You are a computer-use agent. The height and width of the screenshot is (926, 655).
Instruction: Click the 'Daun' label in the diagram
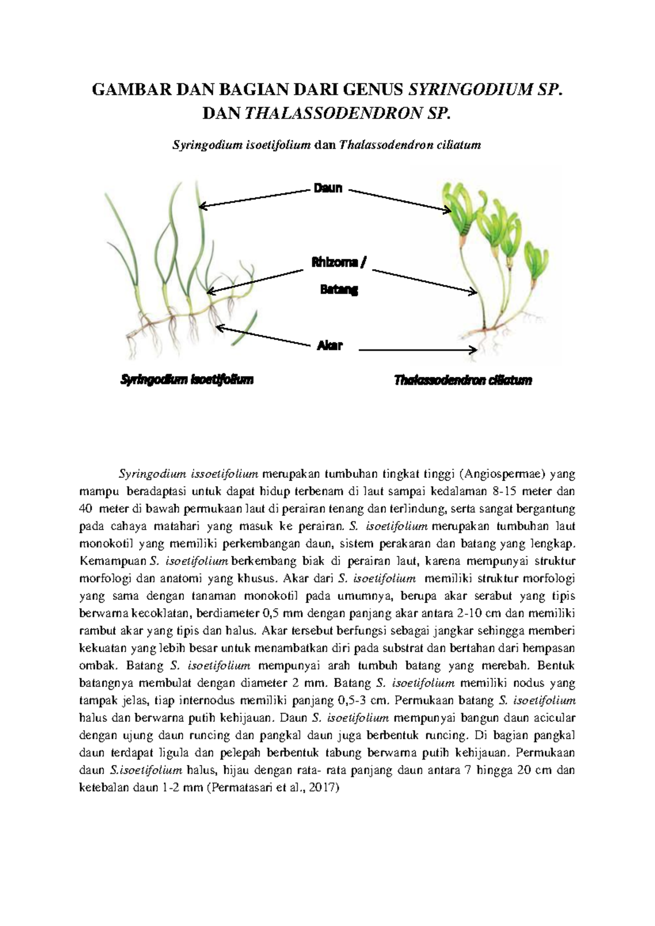327,188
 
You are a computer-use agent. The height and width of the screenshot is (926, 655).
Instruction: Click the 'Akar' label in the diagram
330,345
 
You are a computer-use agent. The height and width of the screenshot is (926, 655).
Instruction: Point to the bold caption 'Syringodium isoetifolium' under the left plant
187,379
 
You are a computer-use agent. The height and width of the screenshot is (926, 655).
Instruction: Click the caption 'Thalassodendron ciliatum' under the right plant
463,380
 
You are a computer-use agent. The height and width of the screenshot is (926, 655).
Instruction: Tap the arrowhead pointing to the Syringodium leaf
203,206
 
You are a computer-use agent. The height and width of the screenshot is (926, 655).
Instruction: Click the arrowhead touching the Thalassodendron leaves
447,209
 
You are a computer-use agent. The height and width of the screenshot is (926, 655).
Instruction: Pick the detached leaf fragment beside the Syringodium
244,328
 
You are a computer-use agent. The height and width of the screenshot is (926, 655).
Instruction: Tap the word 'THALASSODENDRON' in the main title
334,114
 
